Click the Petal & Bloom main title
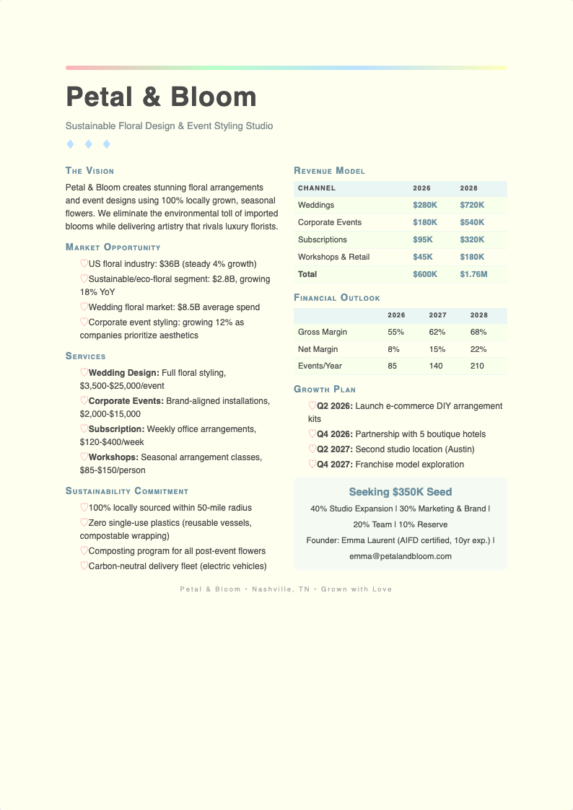[x=161, y=97]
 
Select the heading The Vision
[x=89, y=171]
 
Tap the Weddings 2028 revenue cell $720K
[x=472, y=206]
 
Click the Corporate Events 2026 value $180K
[x=424, y=223]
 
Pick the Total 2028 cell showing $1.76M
[x=473, y=275]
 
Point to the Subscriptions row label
[x=322, y=240]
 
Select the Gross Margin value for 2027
[x=437, y=333]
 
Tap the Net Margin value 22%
[x=478, y=350]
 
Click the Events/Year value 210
[x=478, y=366]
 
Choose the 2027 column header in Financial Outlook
[x=437, y=315]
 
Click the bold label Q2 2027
[x=335, y=449]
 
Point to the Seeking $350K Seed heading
[x=400, y=492]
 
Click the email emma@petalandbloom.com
[x=400, y=556]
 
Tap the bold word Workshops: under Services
[x=113, y=457]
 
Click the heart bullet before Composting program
[x=84, y=550]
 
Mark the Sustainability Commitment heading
[x=126, y=491]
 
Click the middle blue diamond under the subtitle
[x=88, y=144]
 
